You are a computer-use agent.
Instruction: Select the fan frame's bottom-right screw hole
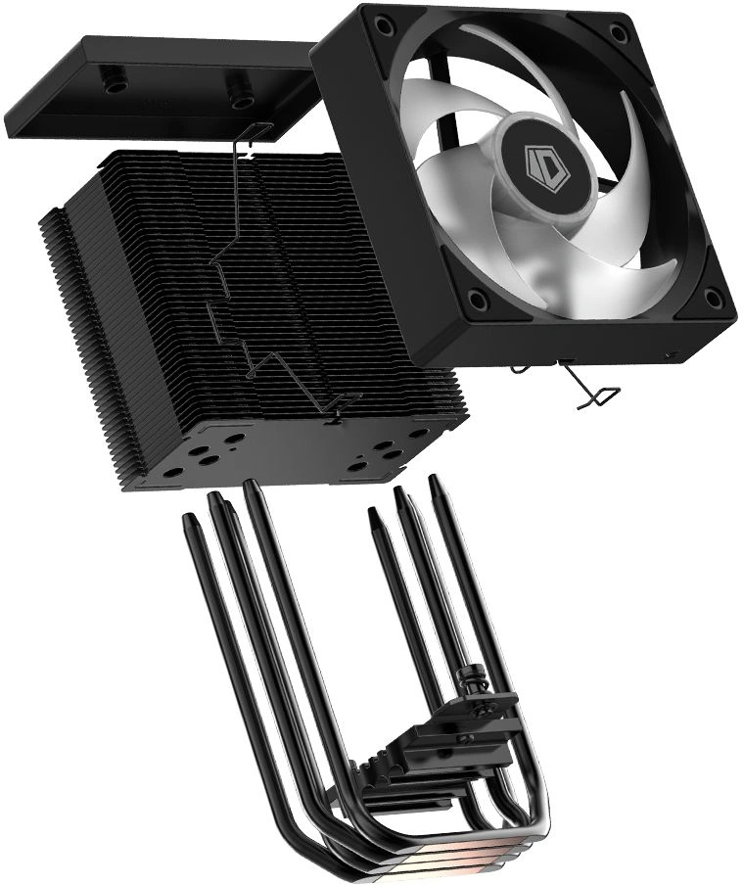[714, 298]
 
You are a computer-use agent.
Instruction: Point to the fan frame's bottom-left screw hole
[477, 298]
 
